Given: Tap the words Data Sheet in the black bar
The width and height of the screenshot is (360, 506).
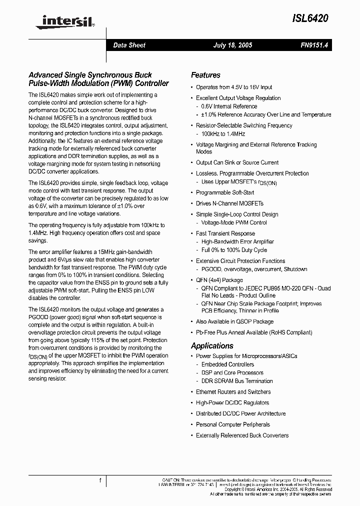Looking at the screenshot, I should (x=129, y=45).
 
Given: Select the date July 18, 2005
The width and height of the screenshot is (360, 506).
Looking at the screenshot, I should (x=232, y=45).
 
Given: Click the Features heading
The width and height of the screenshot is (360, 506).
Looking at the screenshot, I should (x=205, y=75).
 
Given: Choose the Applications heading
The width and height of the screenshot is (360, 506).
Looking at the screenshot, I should (x=212, y=345).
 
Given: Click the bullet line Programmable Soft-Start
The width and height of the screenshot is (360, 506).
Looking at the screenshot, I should (x=225, y=192).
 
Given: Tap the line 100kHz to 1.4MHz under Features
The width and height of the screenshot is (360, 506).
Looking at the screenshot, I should (x=223, y=134).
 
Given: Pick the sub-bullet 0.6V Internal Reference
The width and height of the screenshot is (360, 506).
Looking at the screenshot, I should (x=229, y=106).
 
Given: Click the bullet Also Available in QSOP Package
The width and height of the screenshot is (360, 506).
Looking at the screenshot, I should (x=234, y=321).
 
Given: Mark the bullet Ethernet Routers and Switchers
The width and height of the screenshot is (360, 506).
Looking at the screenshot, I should (x=233, y=392).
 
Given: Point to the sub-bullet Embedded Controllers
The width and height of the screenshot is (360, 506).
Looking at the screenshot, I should (x=227, y=364).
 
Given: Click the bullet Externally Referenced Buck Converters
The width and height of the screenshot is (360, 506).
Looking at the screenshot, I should (x=242, y=435).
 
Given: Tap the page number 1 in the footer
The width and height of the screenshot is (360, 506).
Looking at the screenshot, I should (x=100, y=481).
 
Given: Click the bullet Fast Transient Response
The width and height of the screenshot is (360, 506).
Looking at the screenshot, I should (x=225, y=233).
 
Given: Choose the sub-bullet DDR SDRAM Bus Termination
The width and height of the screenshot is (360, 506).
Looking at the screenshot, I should (x=237, y=381).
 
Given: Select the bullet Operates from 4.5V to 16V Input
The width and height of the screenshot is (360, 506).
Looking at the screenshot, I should (x=234, y=87).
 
